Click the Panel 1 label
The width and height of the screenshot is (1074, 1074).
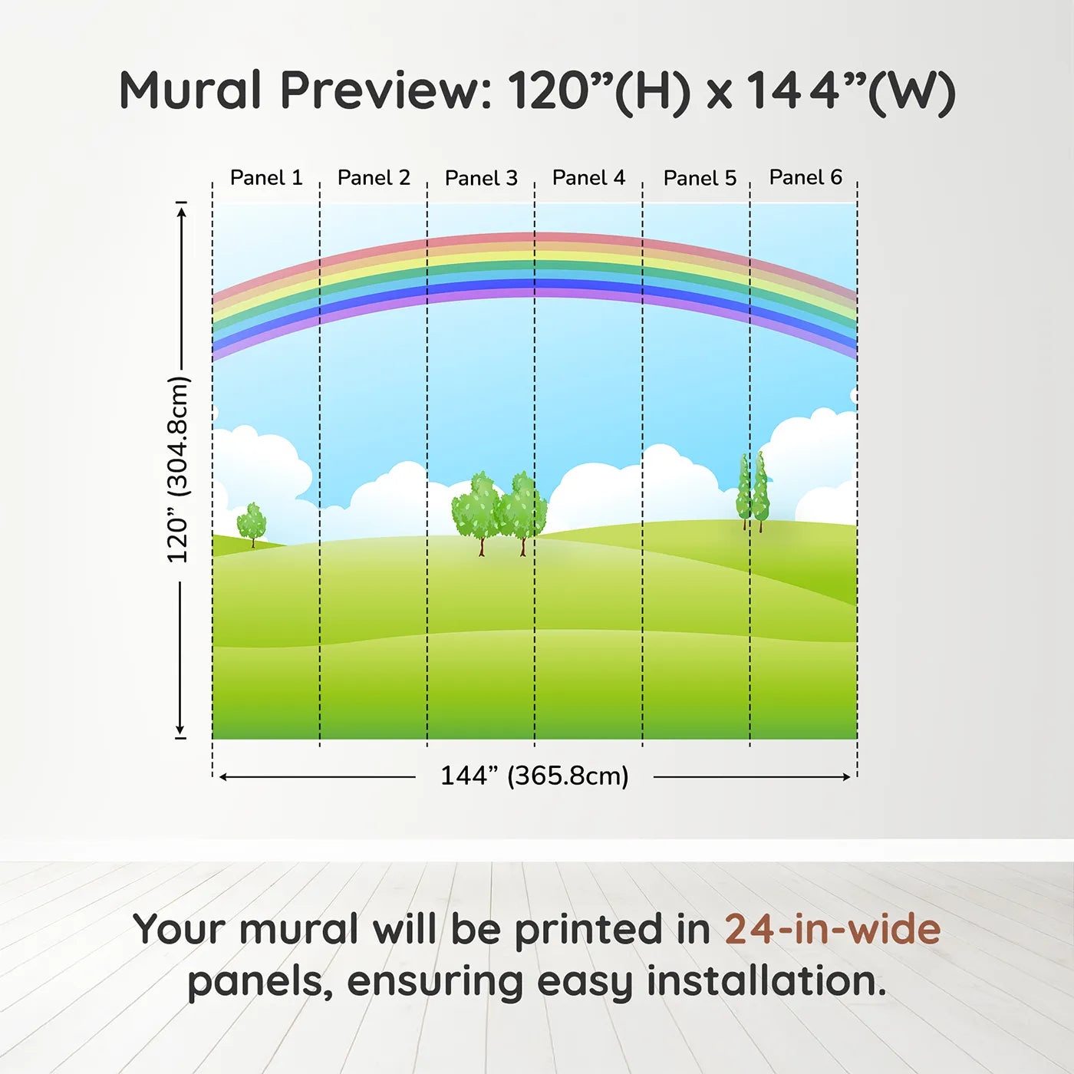[266, 178]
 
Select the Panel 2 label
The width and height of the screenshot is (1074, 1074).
[374, 178]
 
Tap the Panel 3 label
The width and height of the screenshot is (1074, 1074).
[482, 178]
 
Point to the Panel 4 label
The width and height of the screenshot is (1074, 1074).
[588, 178]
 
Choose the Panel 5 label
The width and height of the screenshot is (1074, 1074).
[700, 178]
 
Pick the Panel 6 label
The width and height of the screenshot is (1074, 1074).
[806, 177]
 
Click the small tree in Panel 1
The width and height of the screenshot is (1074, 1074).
[252, 525]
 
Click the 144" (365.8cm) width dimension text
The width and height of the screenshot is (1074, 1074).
[535, 776]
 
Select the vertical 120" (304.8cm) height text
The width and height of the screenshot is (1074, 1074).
[179, 469]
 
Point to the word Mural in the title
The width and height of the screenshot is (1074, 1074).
[190, 91]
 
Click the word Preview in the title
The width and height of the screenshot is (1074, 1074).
[387, 91]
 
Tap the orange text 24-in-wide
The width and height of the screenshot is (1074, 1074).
[832, 928]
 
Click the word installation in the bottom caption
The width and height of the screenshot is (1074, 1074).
[766, 981]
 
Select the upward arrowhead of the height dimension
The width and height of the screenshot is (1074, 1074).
[181, 211]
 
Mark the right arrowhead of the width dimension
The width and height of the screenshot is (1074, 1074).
[847, 777]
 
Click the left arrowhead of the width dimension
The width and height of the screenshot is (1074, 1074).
[223, 777]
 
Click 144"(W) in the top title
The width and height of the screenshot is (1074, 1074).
[851, 92]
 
